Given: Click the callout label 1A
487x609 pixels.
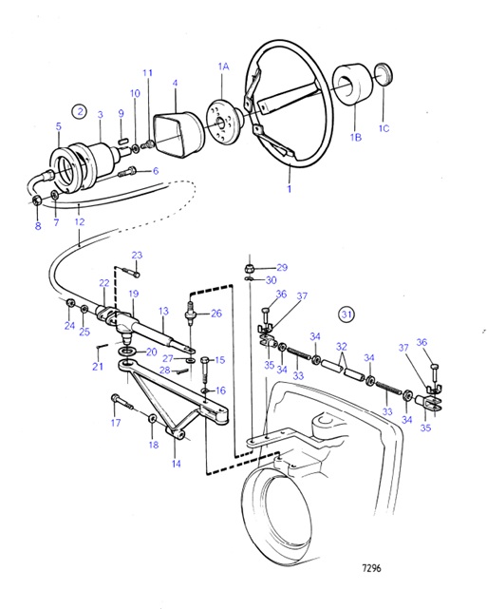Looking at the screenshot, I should [224, 67].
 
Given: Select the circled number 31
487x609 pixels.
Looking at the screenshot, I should [348, 314].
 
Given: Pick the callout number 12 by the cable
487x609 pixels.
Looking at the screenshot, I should [79, 221].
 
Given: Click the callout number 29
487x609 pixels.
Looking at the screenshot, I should [281, 267].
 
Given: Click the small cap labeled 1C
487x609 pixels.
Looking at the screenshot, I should [384, 75].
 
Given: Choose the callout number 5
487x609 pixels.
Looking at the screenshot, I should [58, 126].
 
